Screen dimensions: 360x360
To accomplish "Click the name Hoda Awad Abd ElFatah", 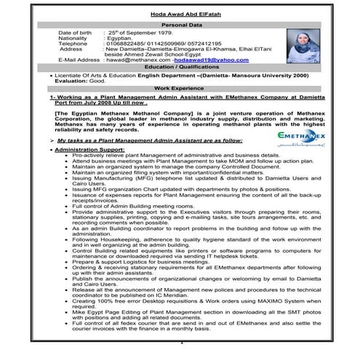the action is pyautogui.click(x=179, y=12).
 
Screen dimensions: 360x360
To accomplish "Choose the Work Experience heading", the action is pyautogui.click(x=179, y=87).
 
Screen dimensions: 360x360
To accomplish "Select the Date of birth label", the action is pyautogui.click(x=76, y=33).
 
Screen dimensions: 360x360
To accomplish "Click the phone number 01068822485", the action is pyautogui.click(x=126, y=44).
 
